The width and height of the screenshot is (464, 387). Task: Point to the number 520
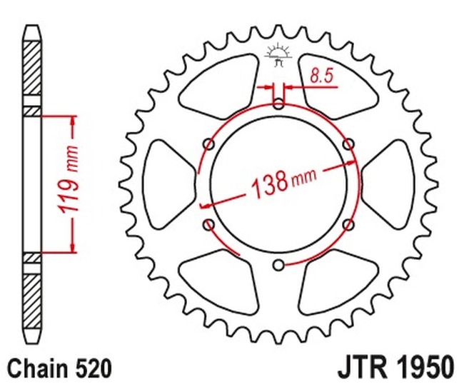coord(93,368)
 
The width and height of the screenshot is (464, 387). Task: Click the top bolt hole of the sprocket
coord(278,104)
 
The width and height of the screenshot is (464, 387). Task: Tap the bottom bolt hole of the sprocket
coord(278,266)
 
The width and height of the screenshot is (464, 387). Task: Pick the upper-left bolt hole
coord(208,145)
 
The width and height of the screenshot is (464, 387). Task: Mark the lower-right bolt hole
coord(348,225)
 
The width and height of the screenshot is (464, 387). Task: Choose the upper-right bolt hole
coord(348,145)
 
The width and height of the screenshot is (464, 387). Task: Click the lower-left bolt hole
coord(208,226)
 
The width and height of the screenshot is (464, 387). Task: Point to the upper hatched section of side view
coord(31,71)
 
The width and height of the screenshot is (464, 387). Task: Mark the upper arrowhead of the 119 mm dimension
coord(72,121)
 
